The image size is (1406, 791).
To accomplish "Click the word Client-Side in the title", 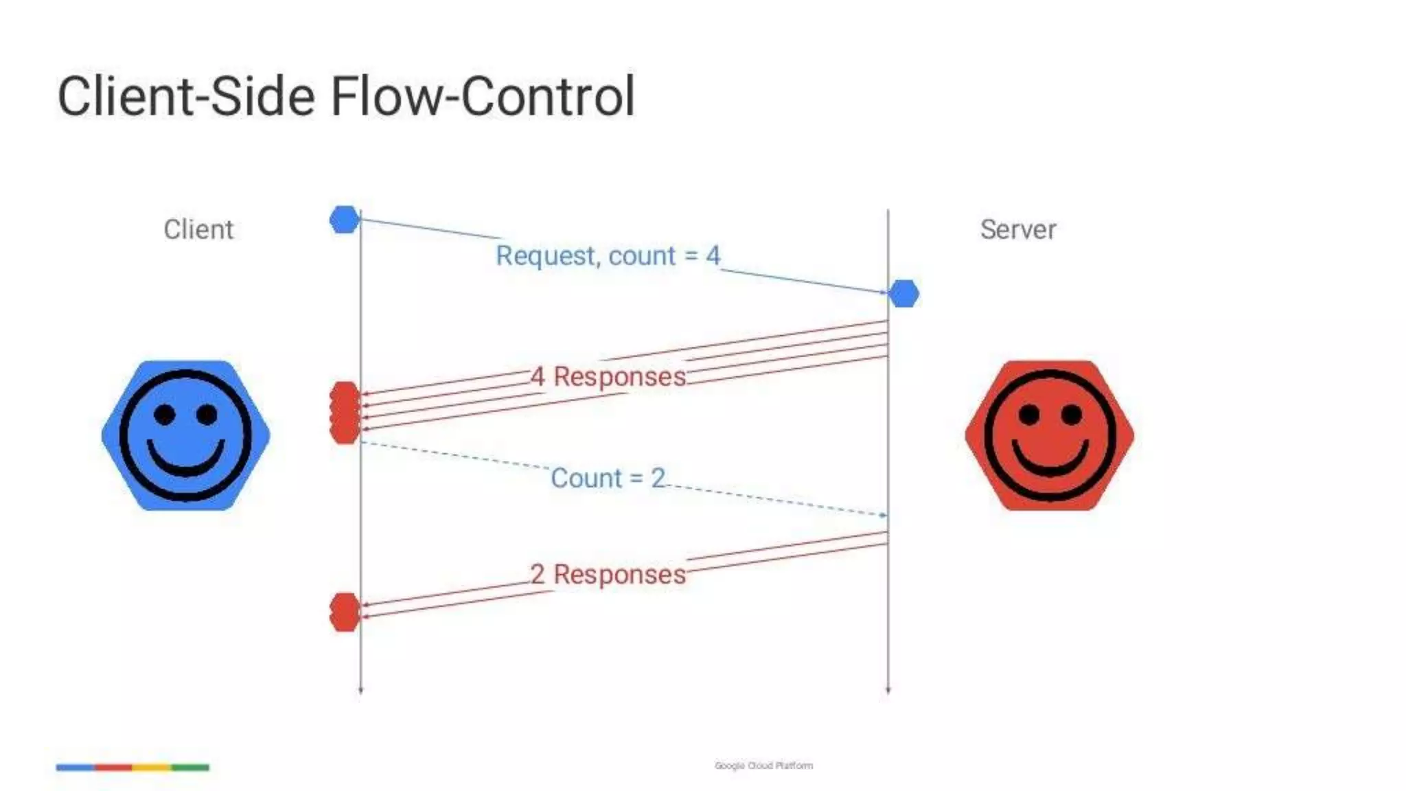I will (x=185, y=97).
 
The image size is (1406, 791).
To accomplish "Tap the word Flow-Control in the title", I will (x=483, y=97).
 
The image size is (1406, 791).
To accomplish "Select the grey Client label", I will (x=198, y=229).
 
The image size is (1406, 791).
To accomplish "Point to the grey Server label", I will (x=1018, y=229).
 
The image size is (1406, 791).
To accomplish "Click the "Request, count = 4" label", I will (x=608, y=255).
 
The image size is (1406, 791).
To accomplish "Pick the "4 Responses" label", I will (x=608, y=376).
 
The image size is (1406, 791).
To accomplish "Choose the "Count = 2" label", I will (x=608, y=478).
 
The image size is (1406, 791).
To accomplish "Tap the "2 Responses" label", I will (x=608, y=574).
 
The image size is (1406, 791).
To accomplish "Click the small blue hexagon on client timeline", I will (x=345, y=220).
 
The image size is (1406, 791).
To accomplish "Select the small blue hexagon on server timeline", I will (x=903, y=294).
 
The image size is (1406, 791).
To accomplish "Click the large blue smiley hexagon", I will (x=185, y=435).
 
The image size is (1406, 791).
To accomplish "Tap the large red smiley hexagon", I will (x=1050, y=435).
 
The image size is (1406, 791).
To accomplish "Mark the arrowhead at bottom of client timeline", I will (x=360, y=691).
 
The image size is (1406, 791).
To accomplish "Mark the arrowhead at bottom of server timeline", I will (x=888, y=691).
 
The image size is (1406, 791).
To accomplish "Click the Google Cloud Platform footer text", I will (x=763, y=766).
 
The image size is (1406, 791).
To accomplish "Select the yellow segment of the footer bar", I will (x=152, y=767).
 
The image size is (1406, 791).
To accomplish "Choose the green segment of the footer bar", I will (x=190, y=767).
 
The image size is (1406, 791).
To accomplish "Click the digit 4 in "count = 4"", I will (x=713, y=255).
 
